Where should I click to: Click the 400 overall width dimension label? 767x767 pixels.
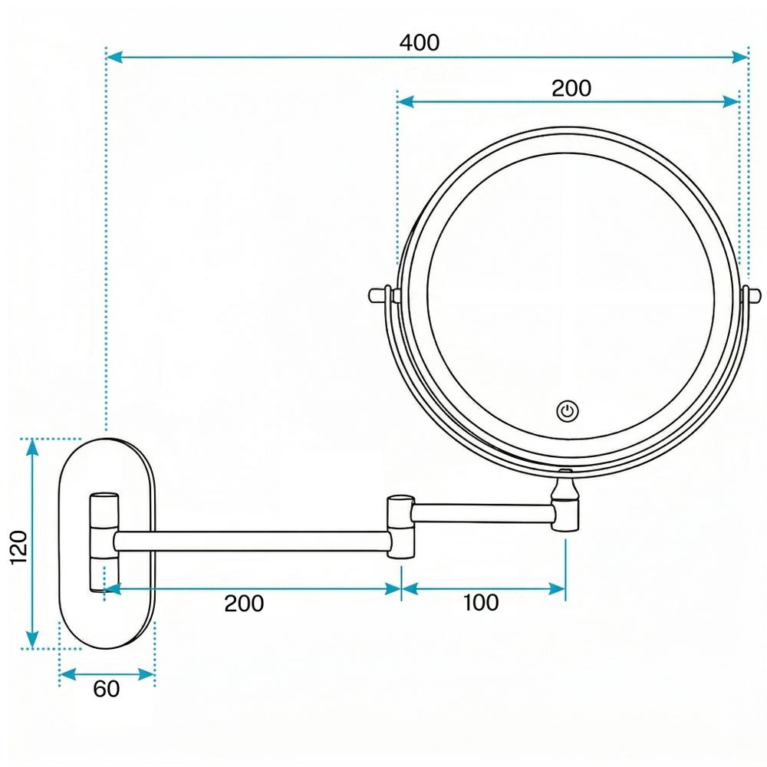[x=420, y=43]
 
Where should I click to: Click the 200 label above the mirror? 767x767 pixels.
[x=571, y=88]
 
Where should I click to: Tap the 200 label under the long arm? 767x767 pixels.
[x=244, y=604]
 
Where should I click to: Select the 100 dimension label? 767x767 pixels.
[x=481, y=603]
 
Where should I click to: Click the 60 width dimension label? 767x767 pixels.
[x=107, y=690]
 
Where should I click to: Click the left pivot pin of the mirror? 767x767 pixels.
[x=377, y=294]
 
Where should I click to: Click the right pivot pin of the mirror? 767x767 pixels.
[x=755, y=294]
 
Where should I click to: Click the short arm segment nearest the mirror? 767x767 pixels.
[x=483, y=512]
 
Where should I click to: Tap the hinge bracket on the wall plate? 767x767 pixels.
[x=104, y=542]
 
